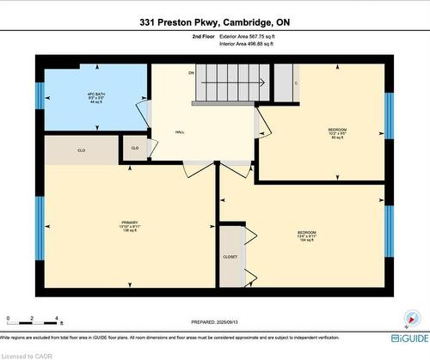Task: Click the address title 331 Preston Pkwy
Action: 214,24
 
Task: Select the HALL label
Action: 180,132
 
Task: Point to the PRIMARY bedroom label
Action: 130,227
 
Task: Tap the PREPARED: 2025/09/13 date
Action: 214,322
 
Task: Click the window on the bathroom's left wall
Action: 39,92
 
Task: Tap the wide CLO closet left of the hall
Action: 82,149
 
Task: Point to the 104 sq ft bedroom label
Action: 306,236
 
